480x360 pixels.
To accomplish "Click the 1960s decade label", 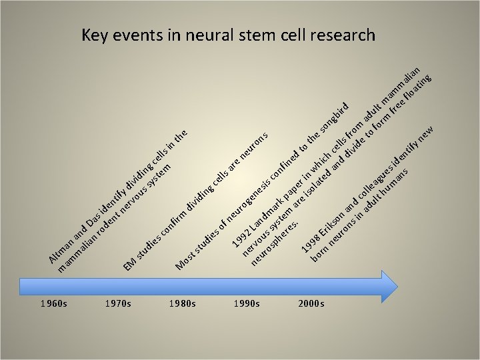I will (x=53, y=304).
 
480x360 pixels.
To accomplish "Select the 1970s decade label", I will (x=118, y=304).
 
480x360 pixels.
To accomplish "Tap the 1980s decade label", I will (x=183, y=304).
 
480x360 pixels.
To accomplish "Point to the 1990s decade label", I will (x=247, y=304).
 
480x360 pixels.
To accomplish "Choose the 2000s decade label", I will (x=311, y=304).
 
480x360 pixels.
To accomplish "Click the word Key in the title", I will (x=95, y=35).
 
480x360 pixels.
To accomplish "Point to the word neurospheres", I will (x=274, y=243).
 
